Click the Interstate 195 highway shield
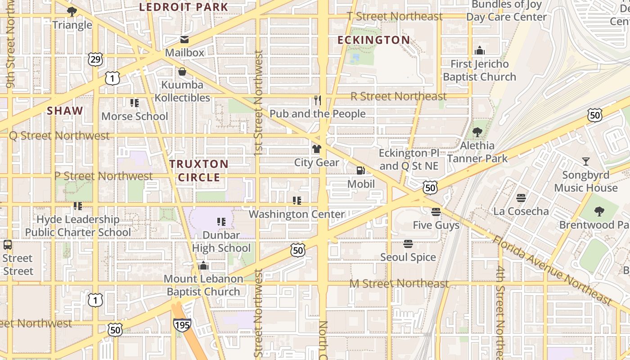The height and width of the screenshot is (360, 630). click(x=182, y=324)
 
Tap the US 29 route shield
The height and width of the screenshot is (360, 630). click(x=95, y=59)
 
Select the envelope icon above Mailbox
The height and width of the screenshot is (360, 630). click(x=184, y=40)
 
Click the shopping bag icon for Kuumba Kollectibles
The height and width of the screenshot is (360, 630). click(x=182, y=72)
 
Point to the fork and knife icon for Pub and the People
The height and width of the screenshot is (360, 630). click(x=318, y=100)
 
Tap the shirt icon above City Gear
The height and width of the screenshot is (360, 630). click(x=317, y=149)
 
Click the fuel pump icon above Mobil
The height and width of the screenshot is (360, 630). click(x=360, y=171)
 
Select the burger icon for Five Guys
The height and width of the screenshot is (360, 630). click(x=436, y=211)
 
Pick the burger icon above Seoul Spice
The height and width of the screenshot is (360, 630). click(x=408, y=244)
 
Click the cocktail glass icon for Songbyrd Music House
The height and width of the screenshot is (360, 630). click(x=585, y=162)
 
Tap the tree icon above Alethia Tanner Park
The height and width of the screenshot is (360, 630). click(x=477, y=132)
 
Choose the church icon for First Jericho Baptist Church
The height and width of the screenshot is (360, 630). click(x=479, y=50)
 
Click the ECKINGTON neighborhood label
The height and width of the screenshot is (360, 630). click(x=373, y=40)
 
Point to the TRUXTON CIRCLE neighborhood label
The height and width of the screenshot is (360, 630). click(x=199, y=171)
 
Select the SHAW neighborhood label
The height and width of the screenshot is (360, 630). click(x=65, y=111)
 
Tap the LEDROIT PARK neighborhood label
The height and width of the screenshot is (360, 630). click(x=184, y=7)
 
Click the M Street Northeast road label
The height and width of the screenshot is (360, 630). click(x=399, y=283)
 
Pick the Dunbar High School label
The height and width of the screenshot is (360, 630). click(x=221, y=242)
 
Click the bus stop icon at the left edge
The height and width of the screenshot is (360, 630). click(x=7, y=245)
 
